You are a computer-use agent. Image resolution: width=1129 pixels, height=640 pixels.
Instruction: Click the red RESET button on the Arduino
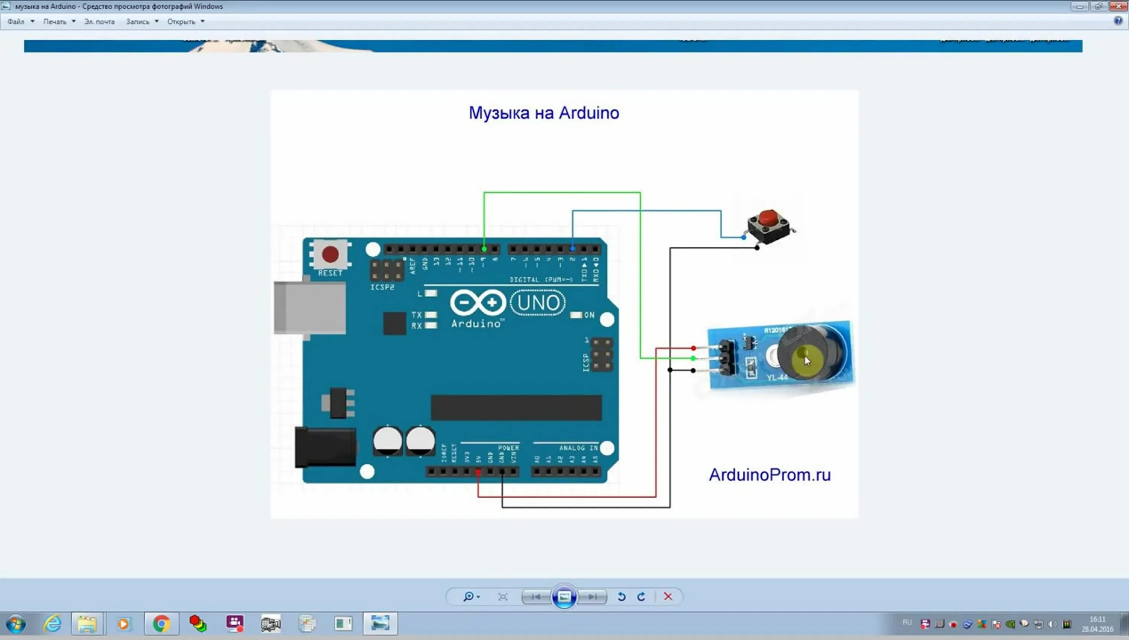330,254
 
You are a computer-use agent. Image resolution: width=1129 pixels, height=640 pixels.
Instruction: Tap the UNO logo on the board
538,303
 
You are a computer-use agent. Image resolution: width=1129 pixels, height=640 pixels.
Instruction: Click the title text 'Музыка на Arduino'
544,113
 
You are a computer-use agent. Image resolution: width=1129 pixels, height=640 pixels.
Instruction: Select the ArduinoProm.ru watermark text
769,475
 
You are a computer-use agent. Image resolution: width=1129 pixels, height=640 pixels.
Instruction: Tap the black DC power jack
325,447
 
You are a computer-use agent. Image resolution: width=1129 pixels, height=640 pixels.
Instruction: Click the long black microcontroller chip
516,407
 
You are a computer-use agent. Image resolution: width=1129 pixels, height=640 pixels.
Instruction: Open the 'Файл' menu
16,21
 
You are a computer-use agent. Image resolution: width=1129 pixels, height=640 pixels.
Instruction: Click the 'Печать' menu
55,21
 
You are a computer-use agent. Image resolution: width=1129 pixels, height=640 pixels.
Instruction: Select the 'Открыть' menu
181,21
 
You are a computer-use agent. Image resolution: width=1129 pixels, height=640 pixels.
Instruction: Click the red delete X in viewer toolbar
668,596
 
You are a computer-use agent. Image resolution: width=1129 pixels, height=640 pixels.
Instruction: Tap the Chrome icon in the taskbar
161,624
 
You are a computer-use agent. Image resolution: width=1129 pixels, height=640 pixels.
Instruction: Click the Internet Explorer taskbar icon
52,624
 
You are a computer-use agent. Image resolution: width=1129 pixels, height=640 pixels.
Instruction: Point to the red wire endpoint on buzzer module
693,348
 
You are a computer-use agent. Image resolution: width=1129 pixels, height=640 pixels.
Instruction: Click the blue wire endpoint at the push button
743,237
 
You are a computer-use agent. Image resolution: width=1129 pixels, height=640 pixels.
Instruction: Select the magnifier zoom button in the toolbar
469,596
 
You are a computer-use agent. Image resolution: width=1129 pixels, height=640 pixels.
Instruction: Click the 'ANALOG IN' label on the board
578,448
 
